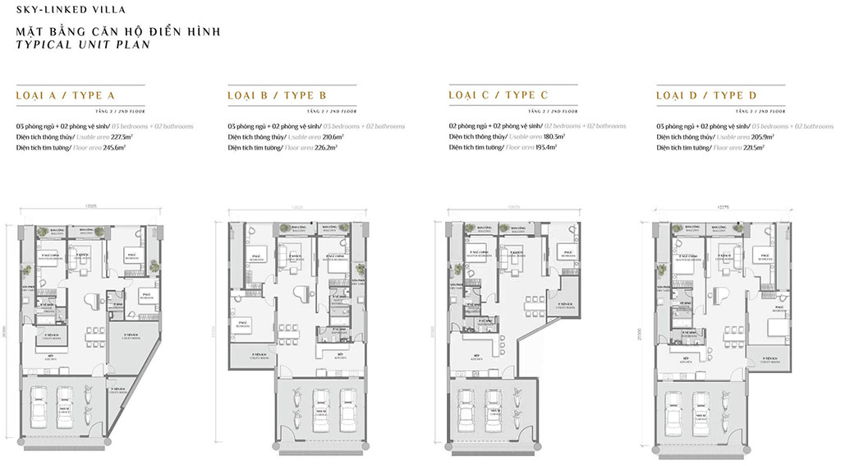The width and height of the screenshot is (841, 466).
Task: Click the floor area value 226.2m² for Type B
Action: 329,147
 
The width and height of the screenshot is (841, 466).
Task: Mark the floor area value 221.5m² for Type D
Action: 752,147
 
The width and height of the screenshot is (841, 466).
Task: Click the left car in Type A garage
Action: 39,407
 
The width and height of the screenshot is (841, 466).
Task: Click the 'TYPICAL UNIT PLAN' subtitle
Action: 82,45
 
